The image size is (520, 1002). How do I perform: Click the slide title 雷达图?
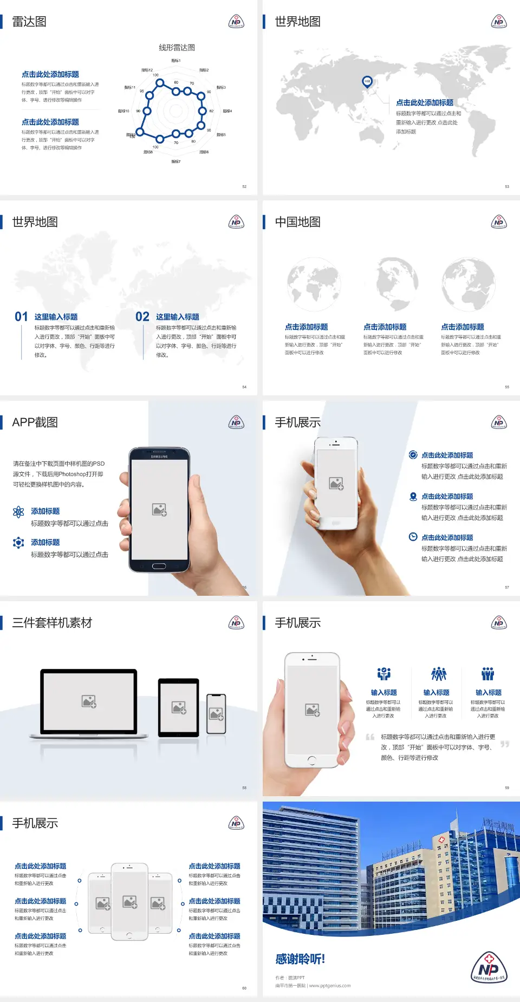click(x=29, y=22)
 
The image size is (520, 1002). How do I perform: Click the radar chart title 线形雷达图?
click(x=177, y=48)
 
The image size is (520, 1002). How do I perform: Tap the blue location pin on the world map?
click(x=367, y=82)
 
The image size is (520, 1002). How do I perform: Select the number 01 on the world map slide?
click(x=21, y=317)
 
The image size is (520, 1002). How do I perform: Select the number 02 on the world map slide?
click(x=142, y=317)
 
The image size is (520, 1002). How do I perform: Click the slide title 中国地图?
click(x=297, y=222)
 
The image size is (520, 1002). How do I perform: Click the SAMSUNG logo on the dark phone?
click(x=159, y=457)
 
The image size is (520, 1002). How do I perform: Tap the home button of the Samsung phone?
click(x=159, y=566)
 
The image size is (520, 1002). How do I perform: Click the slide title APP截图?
click(x=35, y=422)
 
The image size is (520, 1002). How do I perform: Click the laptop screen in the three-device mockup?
click(x=89, y=701)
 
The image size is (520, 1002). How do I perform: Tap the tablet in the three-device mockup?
click(x=179, y=707)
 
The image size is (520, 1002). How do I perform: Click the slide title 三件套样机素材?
click(x=52, y=623)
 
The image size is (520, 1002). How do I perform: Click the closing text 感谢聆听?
click(x=300, y=959)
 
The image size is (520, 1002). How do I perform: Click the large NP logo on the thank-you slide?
click(x=489, y=967)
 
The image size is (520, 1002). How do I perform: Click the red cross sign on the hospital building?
click(x=441, y=840)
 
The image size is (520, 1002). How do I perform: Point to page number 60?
click(x=244, y=988)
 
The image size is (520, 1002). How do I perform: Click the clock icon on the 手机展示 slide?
click(x=413, y=537)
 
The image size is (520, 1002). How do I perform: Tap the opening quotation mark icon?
click(x=370, y=737)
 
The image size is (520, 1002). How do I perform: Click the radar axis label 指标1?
click(x=176, y=61)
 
